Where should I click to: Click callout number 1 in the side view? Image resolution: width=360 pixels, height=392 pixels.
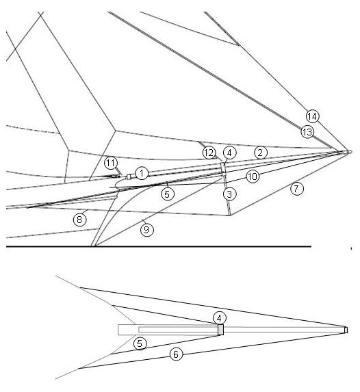142,173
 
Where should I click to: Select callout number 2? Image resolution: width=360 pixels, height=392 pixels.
261,153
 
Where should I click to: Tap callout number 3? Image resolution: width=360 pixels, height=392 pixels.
229,194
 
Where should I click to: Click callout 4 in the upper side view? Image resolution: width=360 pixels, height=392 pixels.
229,153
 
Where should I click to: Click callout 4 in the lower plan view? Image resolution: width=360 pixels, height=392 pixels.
220,319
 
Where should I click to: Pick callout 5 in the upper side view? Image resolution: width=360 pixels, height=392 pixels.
168,194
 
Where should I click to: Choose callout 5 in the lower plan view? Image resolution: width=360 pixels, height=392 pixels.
140,343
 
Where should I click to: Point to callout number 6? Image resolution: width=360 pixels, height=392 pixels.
176,354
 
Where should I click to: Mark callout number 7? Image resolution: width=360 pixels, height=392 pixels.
297,189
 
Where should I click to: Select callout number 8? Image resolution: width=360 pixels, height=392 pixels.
79,220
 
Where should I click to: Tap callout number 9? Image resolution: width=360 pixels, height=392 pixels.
147,229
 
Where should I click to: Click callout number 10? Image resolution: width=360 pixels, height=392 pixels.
253,177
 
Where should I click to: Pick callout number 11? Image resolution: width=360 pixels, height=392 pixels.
111,164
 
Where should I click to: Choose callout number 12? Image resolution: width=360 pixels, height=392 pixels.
209,153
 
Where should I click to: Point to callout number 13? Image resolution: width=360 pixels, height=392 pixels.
307,132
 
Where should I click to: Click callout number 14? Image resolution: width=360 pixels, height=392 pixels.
312,116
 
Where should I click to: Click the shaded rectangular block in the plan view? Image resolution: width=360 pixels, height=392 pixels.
220,330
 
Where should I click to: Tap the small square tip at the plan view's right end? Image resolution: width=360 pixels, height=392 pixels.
346,330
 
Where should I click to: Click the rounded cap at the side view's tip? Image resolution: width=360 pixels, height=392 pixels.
350,151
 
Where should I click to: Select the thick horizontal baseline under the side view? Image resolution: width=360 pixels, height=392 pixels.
159,246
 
